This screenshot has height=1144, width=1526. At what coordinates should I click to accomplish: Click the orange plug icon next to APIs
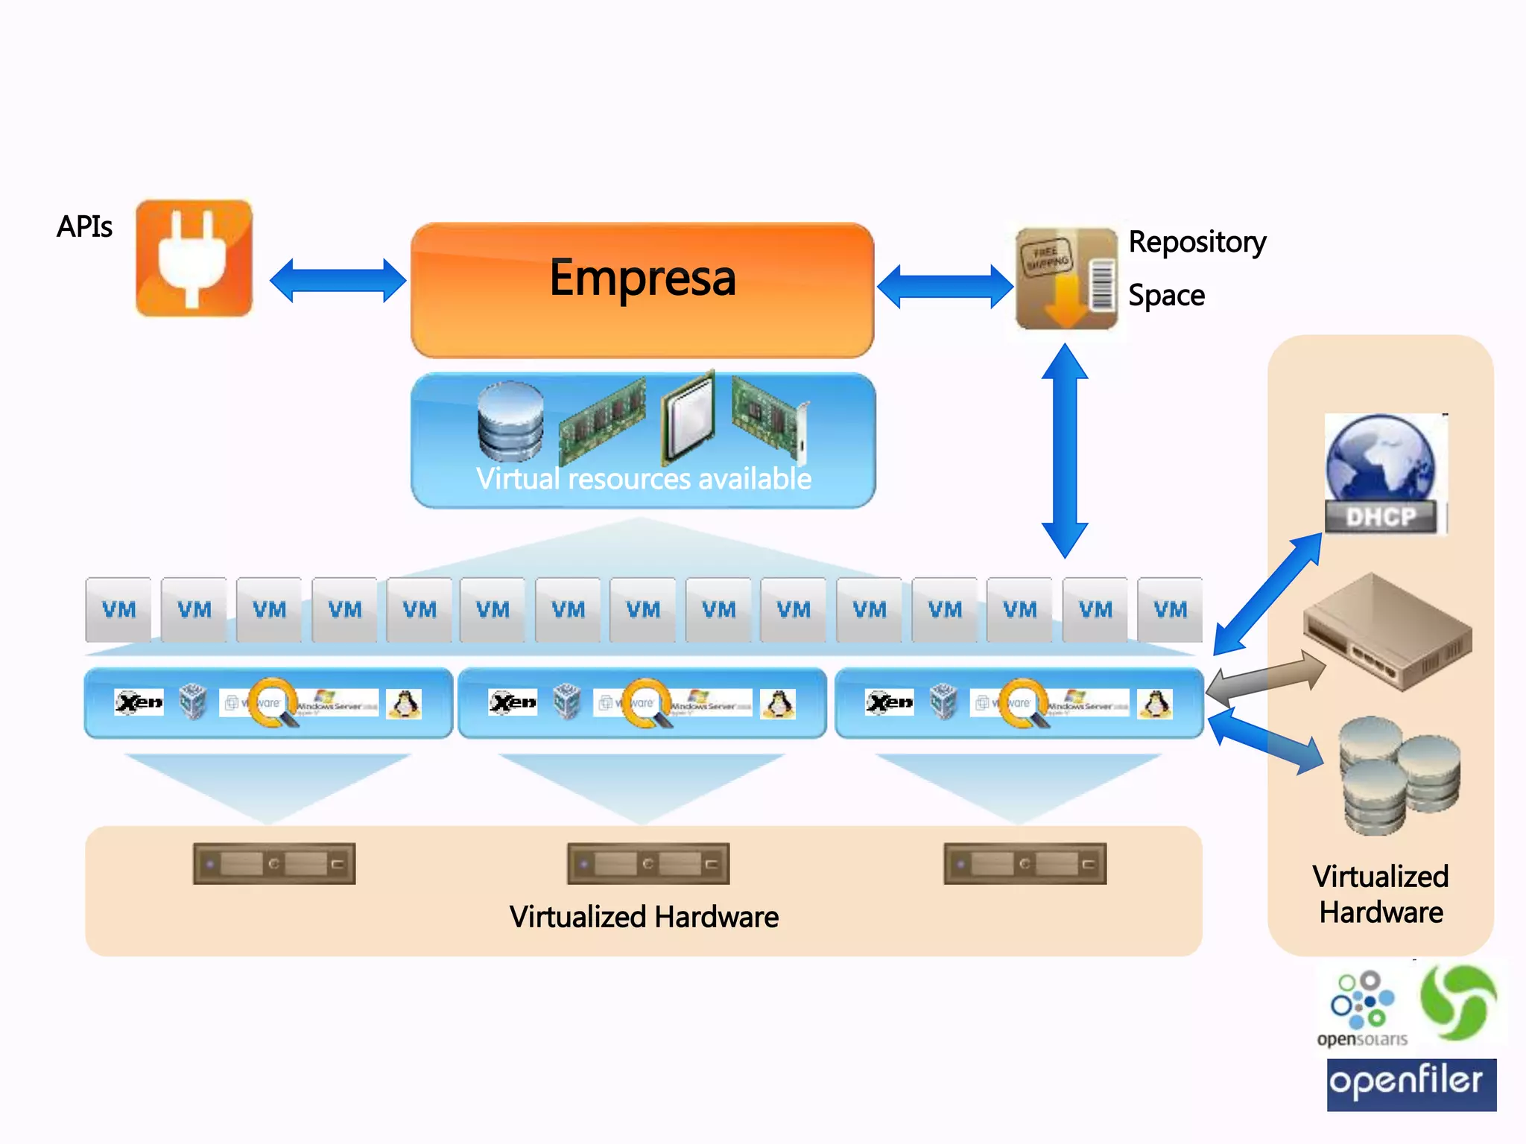194,258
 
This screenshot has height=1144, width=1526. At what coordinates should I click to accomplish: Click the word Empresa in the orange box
642,278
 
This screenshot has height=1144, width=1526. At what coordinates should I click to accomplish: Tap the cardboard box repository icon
1066,279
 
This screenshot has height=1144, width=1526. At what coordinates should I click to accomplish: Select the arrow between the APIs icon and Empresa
338,281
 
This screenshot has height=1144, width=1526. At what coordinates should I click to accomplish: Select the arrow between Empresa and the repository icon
945,286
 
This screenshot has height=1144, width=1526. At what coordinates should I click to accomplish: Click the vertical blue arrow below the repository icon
1064,451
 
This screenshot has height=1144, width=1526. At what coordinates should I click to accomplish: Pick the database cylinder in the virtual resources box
510,422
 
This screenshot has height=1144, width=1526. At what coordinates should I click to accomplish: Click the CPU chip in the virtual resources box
688,417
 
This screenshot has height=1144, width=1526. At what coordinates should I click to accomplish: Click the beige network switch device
1387,632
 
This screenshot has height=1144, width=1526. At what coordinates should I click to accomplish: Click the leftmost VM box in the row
118,609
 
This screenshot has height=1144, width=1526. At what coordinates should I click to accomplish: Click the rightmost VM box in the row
1170,609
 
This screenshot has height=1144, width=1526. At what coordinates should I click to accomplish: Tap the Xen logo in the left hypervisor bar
139,702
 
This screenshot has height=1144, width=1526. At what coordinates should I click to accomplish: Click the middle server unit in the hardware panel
648,864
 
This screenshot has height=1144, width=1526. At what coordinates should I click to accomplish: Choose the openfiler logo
1411,1084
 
